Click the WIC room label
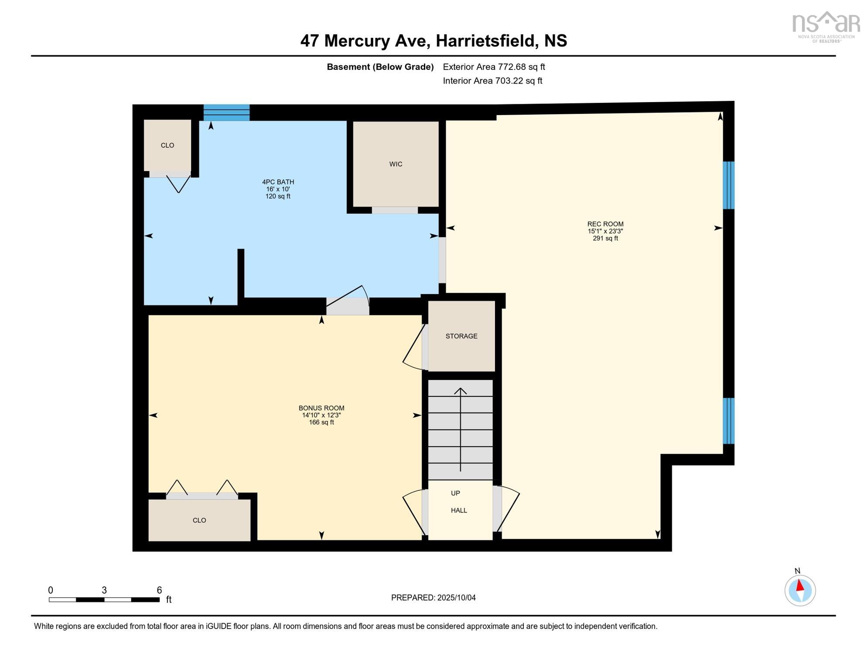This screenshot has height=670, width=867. click(x=396, y=164)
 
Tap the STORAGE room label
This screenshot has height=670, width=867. click(x=461, y=336)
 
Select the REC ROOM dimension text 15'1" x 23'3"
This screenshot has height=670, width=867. click(x=605, y=231)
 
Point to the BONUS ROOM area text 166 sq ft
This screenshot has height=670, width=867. click(x=321, y=422)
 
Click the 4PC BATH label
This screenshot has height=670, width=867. click(x=278, y=182)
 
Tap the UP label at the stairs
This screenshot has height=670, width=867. click(x=455, y=493)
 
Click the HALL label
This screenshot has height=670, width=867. click(x=458, y=510)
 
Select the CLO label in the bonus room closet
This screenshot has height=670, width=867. click(x=199, y=520)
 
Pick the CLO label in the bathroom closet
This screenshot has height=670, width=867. click(x=167, y=145)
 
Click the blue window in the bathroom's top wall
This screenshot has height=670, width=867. click(x=226, y=113)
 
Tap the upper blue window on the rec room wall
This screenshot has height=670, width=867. click(x=728, y=185)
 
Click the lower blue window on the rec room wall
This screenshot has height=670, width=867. click(x=728, y=420)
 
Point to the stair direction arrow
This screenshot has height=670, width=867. click(x=460, y=430)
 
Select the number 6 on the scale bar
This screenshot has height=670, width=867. click(x=159, y=590)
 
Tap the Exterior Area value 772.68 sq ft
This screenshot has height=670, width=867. click(x=521, y=67)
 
